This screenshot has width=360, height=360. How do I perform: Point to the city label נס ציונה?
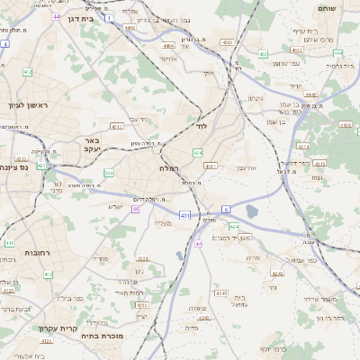[x=17, y=166]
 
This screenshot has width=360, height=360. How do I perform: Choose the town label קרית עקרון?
[x=54, y=328]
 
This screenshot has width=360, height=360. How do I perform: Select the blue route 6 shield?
[x=227, y=209]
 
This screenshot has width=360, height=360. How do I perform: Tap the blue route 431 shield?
[x=184, y=215]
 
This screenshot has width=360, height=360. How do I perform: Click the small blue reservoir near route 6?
[x=252, y=211]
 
